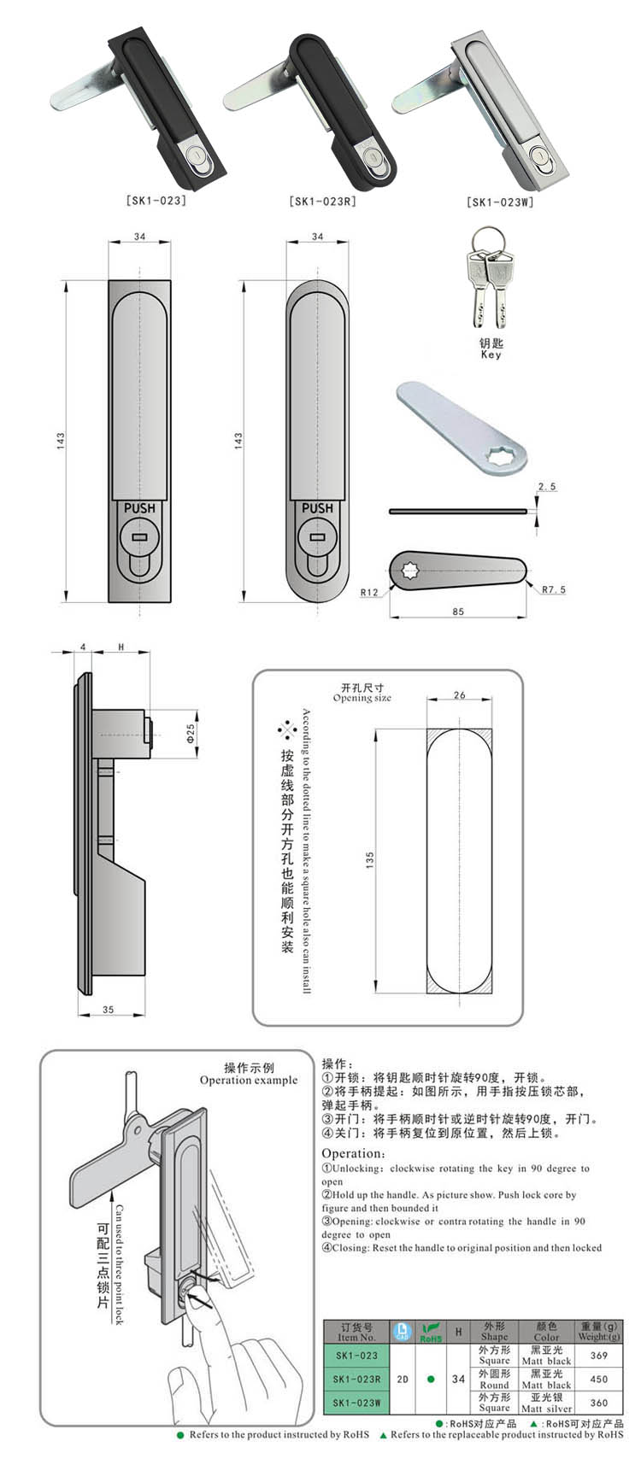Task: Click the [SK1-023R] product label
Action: pyautogui.click(x=321, y=202)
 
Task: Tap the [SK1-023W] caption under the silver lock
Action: pyautogui.click(x=500, y=202)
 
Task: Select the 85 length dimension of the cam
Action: pyautogui.click(x=459, y=612)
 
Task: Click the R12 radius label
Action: pyautogui.click(x=370, y=592)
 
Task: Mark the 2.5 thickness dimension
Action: pyautogui.click(x=547, y=487)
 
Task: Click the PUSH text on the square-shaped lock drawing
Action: pyautogui.click(x=139, y=507)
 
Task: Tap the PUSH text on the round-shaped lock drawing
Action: pyautogui.click(x=317, y=507)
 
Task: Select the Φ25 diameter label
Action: pyautogui.click(x=191, y=732)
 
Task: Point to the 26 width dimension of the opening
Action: pyautogui.click(x=460, y=695)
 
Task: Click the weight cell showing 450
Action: pyautogui.click(x=598, y=1379)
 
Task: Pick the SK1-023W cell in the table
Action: pyautogui.click(x=356, y=1403)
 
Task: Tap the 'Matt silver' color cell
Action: pyautogui.click(x=546, y=1403)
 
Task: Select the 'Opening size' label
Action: pyautogui.click(x=362, y=693)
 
